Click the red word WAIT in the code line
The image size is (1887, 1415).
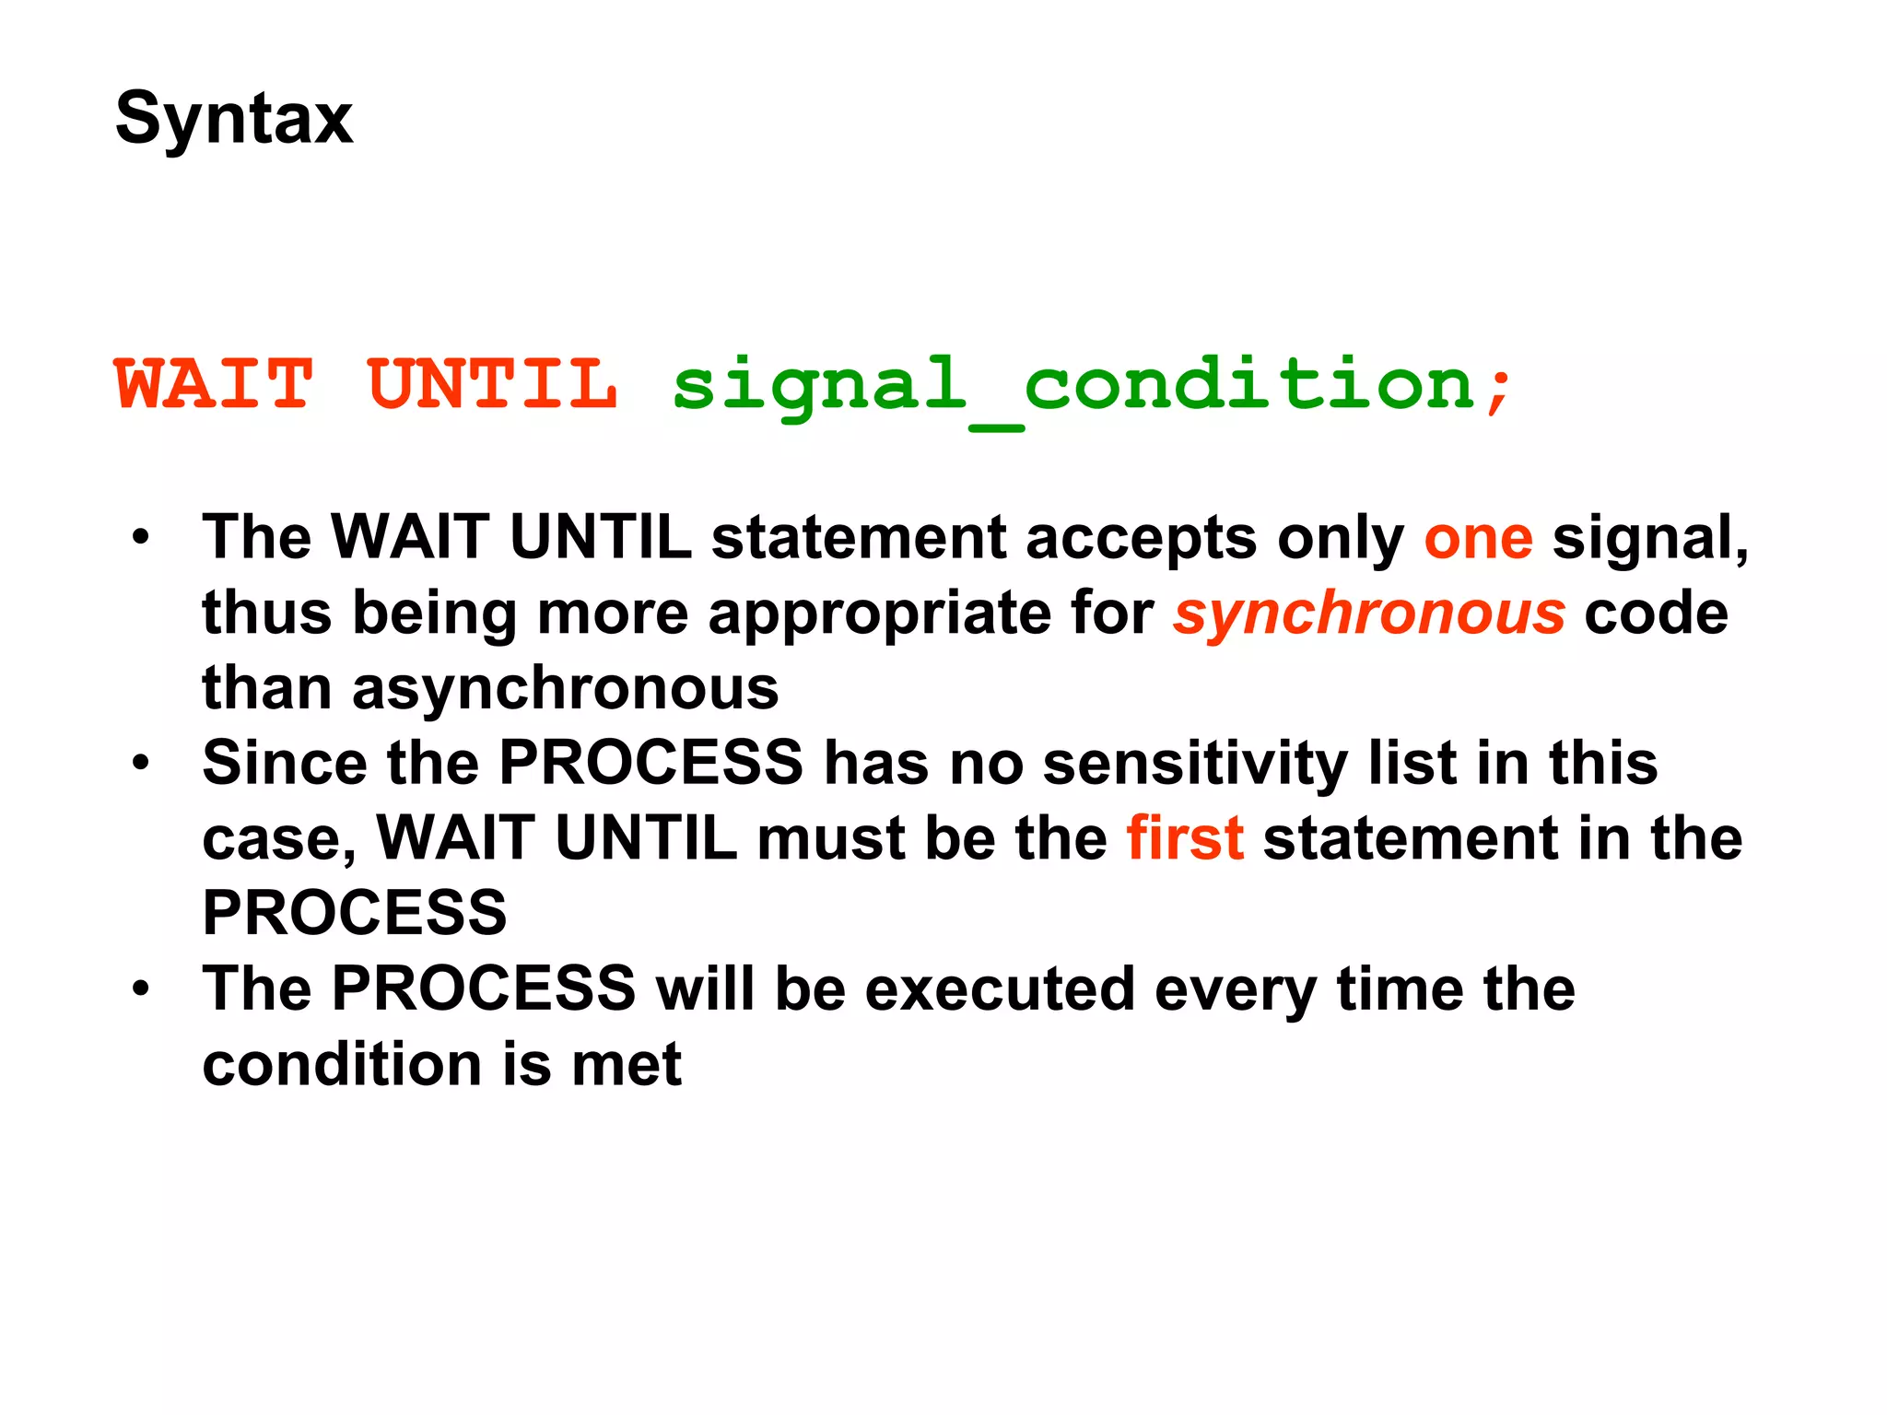coord(214,384)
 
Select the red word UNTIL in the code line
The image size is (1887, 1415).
coord(492,384)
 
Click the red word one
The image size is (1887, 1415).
coord(1478,539)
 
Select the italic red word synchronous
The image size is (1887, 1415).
coord(1368,614)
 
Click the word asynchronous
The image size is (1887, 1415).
coord(565,689)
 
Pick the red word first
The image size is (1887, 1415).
coord(1184,838)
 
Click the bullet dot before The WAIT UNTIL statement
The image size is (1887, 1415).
coord(140,537)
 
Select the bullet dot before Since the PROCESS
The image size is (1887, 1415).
coord(140,763)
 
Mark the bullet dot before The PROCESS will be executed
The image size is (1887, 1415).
coord(140,988)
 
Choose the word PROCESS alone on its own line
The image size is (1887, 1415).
coord(355,913)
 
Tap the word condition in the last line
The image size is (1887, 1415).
coord(342,1065)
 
